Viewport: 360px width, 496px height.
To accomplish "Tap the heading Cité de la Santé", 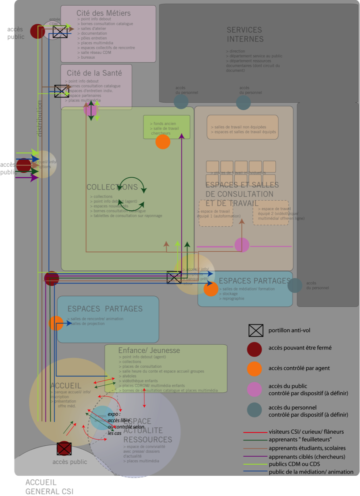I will (94, 73).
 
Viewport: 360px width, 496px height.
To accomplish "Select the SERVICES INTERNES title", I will (245, 34).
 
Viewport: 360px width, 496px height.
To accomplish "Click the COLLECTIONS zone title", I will (112, 187).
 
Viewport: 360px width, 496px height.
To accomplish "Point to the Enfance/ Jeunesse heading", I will (149, 351).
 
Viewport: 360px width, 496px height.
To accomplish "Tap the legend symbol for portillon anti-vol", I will (256, 330).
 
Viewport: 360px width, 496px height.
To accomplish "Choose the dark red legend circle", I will (255, 349).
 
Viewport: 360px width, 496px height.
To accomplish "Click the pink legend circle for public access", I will (255, 389).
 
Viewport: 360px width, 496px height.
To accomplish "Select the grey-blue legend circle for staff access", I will (255, 410).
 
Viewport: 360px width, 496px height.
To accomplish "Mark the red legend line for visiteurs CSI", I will (255, 432).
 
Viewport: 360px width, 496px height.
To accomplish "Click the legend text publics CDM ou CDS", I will (294, 464).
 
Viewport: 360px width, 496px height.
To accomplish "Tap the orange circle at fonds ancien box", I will (163, 142).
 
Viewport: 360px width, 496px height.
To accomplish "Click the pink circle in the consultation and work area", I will (242, 245).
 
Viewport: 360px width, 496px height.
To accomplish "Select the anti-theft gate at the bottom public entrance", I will (64, 448).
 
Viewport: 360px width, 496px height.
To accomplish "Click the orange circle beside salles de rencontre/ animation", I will (56, 323).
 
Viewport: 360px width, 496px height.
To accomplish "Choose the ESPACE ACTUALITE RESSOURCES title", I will (148, 430).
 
